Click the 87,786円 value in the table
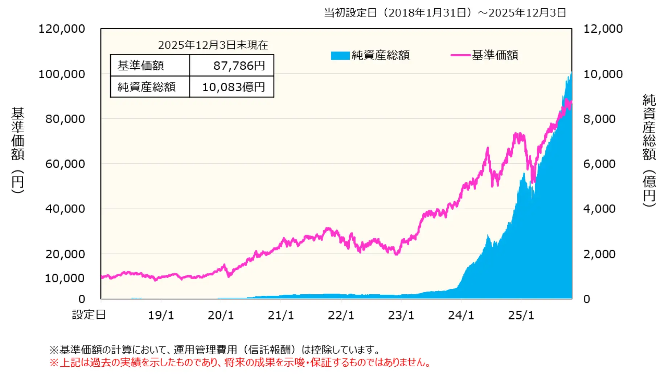tap(239, 66)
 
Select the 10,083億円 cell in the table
tap(233, 87)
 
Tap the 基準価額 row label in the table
tap(141, 66)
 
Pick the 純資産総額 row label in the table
tap(147, 87)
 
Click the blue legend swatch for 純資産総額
tap(340, 56)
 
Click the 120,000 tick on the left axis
tap(62, 29)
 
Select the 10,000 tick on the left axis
tap(65, 278)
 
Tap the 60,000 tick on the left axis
tap(65, 164)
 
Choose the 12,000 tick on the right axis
tap(603, 29)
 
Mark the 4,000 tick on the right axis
tap(599, 209)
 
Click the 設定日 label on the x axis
tap(89, 315)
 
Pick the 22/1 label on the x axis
tap(341, 315)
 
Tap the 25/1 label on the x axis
tap(521, 315)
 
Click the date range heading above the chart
tap(445, 13)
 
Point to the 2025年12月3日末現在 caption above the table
tap(213, 45)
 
